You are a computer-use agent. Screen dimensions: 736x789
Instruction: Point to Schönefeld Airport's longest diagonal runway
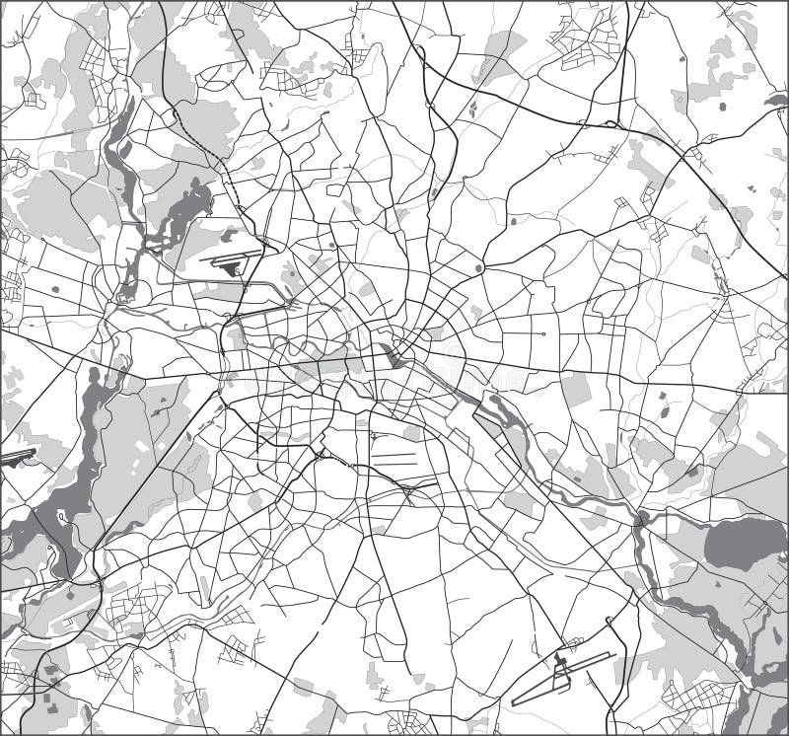pyautogui.click(x=548, y=690)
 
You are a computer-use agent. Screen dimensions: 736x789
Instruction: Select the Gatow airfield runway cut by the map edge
pyautogui.click(x=18, y=456)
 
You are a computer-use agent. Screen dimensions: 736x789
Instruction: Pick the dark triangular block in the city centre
pyautogui.click(x=398, y=356)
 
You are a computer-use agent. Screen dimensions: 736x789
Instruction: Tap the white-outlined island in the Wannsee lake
pyautogui.click(x=61, y=515)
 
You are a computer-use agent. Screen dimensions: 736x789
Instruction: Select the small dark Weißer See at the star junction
pyautogui.click(x=479, y=267)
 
